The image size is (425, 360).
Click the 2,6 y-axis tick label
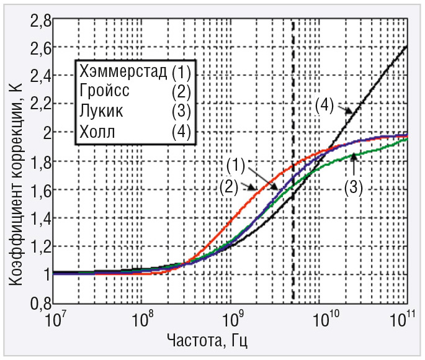tap(36, 47)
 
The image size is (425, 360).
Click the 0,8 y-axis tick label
tap(36, 304)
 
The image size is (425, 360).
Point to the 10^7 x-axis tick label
tap(55, 322)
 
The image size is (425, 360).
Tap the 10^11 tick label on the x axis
tap(405, 322)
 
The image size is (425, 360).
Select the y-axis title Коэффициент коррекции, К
tap(14, 186)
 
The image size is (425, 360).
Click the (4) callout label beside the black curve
tap(325, 105)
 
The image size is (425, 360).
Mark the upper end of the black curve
tap(406, 46)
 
